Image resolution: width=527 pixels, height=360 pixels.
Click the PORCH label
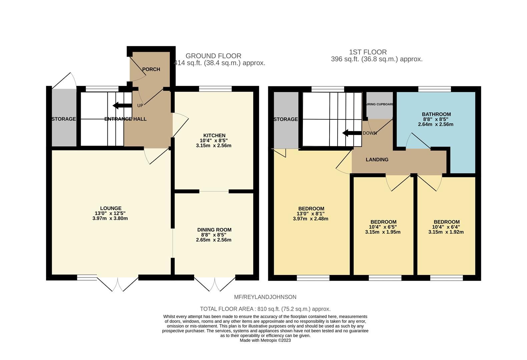pyautogui.click(x=151, y=69)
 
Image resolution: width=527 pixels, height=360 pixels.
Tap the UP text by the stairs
pyautogui.click(x=140, y=106)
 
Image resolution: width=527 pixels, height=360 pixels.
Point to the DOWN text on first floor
pyautogui.click(x=370, y=133)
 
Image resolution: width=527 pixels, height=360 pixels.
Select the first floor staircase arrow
pyautogui.click(x=352, y=133)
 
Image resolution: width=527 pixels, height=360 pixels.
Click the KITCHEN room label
pyautogui.click(x=214, y=135)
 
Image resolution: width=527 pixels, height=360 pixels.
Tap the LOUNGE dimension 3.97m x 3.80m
pyautogui.click(x=110, y=219)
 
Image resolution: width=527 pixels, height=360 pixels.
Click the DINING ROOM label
pyautogui.click(x=214, y=230)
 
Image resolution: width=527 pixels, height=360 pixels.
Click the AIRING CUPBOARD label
pyautogui.click(x=380, y=104)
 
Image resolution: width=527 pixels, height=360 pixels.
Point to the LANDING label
pyautogui.click(x=377, y=160)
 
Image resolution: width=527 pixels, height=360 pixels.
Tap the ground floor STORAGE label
pyautogui.click(x=63, y=119)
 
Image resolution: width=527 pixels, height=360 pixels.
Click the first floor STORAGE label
pyautogui.click(x=286, y=119)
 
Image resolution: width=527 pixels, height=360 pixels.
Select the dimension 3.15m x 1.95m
pyautogui.click(x=383, y=232)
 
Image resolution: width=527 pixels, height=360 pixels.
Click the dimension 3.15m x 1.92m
pyautogui.click(x=446, y=232)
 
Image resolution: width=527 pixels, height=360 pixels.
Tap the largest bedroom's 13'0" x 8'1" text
pyautogui.click(x=311, y=214)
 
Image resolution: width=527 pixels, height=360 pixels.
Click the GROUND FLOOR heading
pyautogui.click(x=213, y=56)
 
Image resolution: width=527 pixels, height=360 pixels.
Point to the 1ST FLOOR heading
pyautogui.click(x=368, y=52)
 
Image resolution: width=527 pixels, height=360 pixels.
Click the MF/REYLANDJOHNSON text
pyautogui.click(x=265, y=297)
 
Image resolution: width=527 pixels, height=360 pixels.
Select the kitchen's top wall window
pyautogui.click(x=215, y=89)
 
